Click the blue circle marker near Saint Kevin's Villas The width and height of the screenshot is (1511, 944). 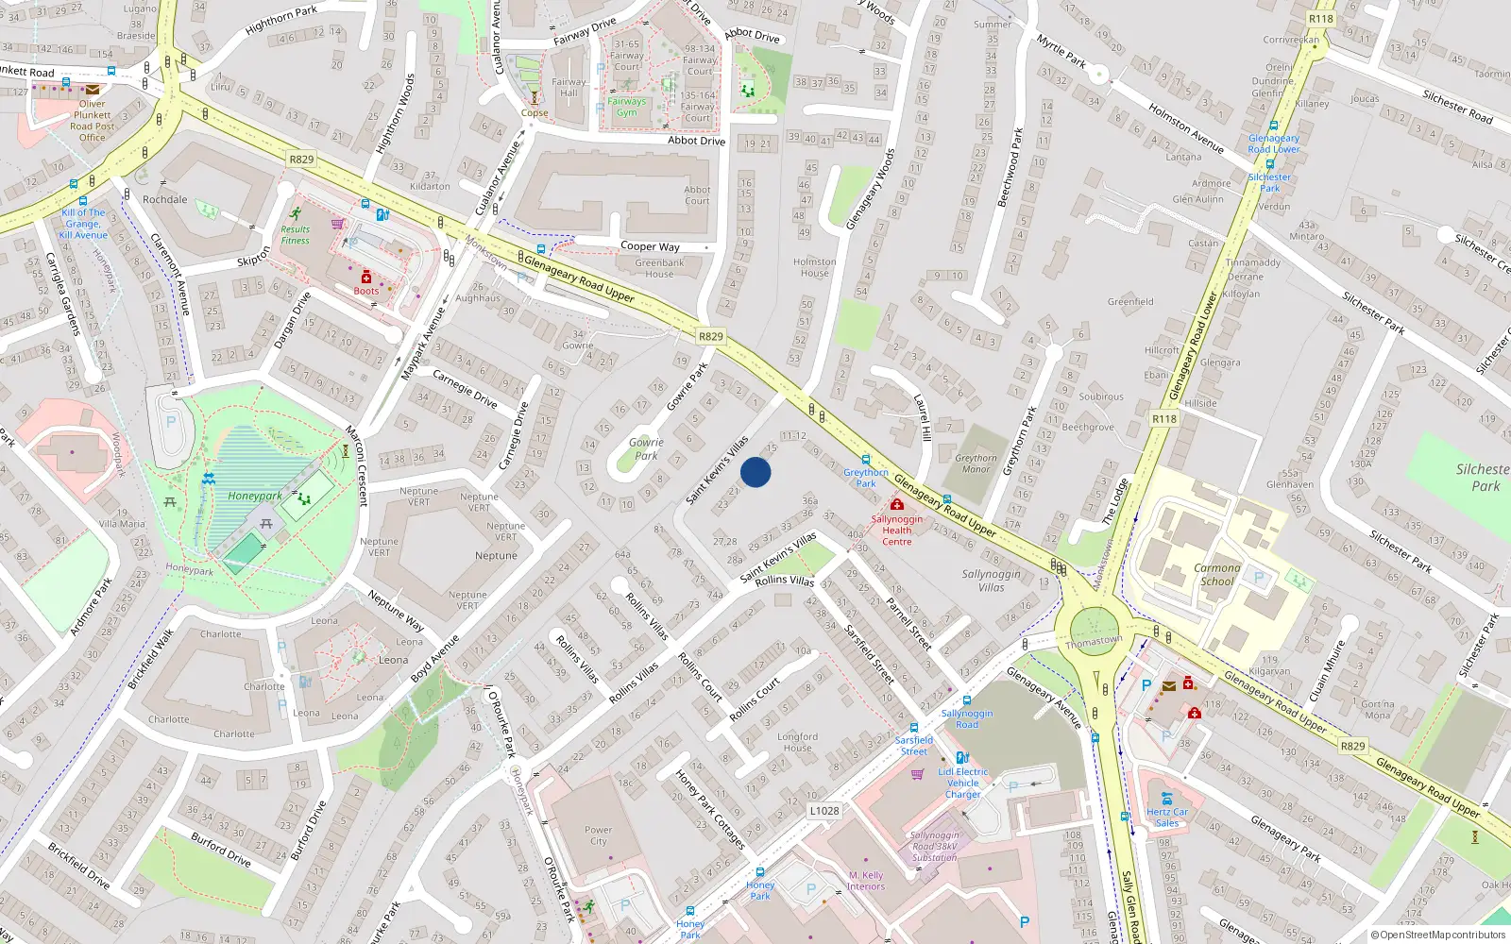coord(755,472)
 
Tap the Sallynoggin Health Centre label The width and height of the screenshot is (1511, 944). coord(897,531)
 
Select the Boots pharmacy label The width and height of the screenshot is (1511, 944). coord(366,291)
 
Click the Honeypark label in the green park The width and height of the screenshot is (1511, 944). coord(255,496)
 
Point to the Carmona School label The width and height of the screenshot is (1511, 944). coord(1216,574)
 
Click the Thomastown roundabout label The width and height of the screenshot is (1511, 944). coord(1094,642)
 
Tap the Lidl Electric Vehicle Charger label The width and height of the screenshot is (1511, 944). coord(963,783)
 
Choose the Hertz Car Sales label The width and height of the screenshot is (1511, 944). coord(1167,818)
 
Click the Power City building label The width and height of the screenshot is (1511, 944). coord(599,835)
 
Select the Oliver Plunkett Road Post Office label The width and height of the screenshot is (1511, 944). coord(93,121)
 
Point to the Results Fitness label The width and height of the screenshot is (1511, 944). coord(295,235)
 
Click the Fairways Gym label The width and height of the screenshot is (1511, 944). coord(627,107)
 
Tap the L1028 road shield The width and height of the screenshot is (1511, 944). coord(824,811)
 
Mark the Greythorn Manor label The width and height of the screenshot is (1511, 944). coord(976,464)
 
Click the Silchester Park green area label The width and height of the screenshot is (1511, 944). coord(1483,477)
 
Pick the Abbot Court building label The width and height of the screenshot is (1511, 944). coord(697,195)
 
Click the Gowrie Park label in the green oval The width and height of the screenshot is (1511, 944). coord(646,448)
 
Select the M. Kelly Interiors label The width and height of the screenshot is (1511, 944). coord(866,881)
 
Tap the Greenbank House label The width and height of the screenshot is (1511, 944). coord(659,268)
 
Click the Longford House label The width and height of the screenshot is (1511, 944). coord(798,742)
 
